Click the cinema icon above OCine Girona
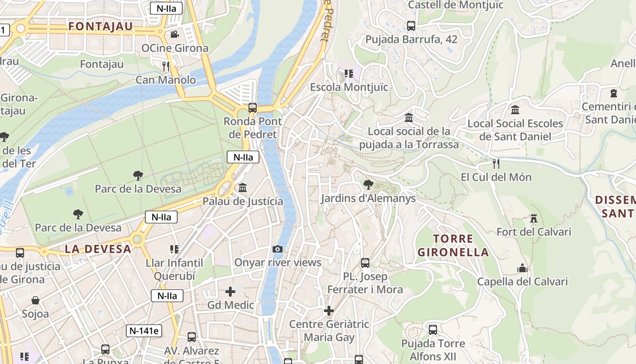[174, 34]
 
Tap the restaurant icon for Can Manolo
[166, 66]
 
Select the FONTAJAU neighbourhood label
[100, 26]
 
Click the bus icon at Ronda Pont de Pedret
[253, 108]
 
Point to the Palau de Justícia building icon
[243, 187]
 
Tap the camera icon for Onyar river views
[277, 249]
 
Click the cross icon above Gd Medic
[230, 291]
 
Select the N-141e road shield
[144, 331]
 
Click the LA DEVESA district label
[98, 249]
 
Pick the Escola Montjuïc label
[349, 87]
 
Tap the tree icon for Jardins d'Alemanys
[368, 185]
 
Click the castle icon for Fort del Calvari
[534, 218]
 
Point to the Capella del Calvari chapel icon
[522, 268]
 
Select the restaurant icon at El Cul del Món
[496, 163]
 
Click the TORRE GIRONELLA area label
[453, 245]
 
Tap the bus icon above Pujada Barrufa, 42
[411, 26]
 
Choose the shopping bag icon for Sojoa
[35, 300]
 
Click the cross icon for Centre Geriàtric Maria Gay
[329, 311]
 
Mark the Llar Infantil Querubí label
[174, 269]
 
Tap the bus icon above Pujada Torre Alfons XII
[433, 329]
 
